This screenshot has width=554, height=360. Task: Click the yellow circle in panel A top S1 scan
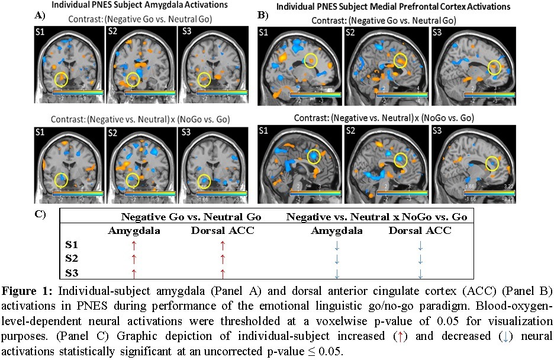[x=60, y=78]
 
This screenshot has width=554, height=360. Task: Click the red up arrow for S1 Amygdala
[x=134, y=244]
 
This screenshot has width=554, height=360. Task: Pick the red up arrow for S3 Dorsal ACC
[x=223, y=273]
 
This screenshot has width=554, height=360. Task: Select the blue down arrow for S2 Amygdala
[x=336, y=259]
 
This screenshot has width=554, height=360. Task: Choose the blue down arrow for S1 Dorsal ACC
[x=420, y=244]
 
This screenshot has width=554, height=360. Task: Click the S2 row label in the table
[x=72, y=259]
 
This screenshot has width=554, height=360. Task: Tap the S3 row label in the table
[x=72, y=273]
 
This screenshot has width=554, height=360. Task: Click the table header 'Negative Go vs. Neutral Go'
[x=191, y=217]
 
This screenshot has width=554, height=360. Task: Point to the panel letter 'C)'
[x=40, y=214]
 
